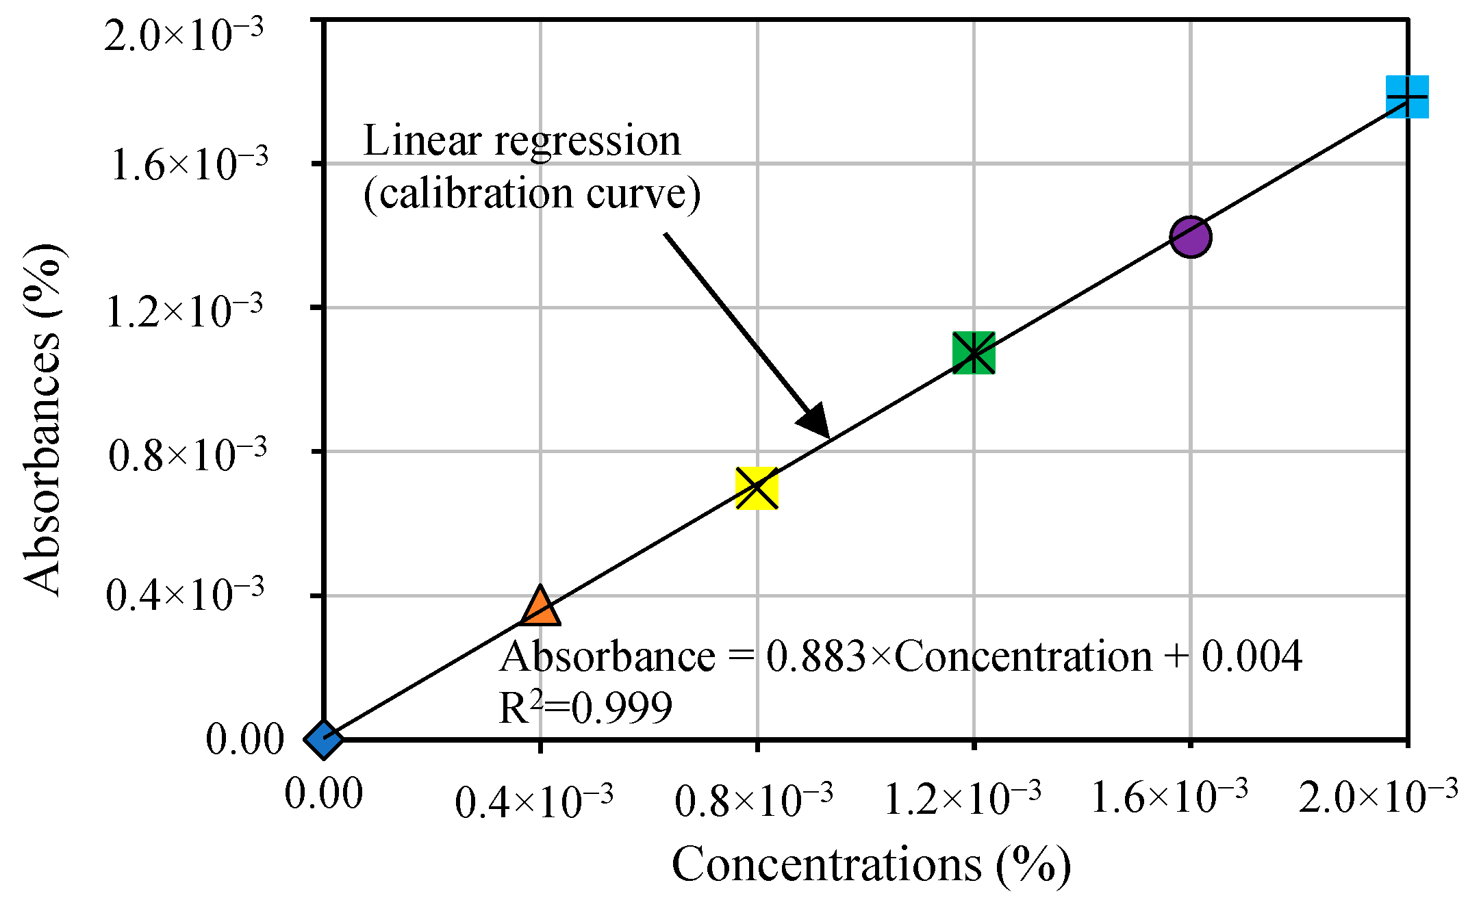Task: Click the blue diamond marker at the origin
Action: pyautogui.click(x=323, y=739)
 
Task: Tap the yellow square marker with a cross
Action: pyautogui.click(x=757, y=488)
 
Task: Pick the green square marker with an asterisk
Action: pyautogui.click(x=974, y=352)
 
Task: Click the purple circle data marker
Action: pyautogui.click(x=1191, y=237)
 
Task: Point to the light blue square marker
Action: pyautogui.click(x=1407, y=97)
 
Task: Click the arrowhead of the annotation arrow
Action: pyautogui.click(x=816, y=422)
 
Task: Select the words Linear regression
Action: pyautogui.click(x=522, y=141)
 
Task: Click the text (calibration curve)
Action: pyautogui.click(x=532, y=194)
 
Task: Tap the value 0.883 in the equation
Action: pyautogui.click(x=815, y=656)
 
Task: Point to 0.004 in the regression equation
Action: pyautogui.click(x=1252, y=656)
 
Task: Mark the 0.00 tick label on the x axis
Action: pyautogui.click(x=323, y=795)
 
